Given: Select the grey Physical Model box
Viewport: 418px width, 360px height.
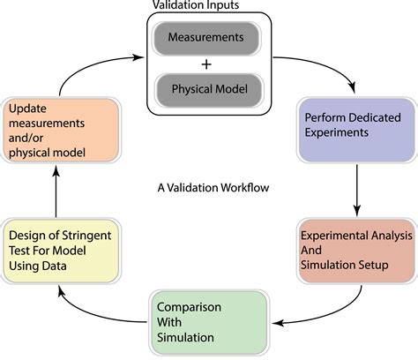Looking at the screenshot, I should coord(207,89).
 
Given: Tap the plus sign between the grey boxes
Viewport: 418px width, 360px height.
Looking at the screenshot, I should coord(207,64).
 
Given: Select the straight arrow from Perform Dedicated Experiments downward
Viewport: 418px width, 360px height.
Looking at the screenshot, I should coord(356,187).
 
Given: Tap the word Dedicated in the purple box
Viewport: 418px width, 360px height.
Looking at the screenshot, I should coord(369,118).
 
